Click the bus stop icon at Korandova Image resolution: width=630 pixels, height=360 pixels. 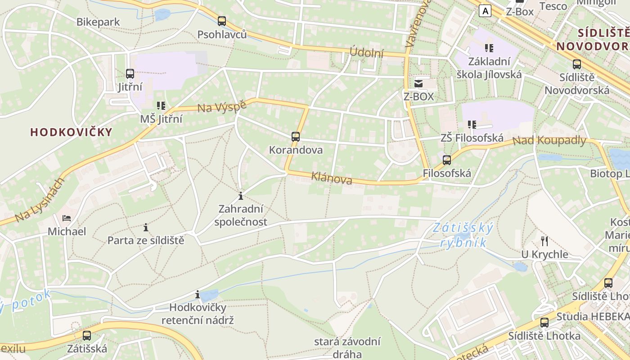(x=296, y=136)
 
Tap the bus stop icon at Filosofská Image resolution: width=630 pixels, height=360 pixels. (x=447, y=160)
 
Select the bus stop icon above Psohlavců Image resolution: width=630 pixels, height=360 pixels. (x=222, y=21)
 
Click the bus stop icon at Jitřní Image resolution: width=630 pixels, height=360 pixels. (x=130, y=73)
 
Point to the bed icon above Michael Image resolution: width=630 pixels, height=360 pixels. (x=67, y=218)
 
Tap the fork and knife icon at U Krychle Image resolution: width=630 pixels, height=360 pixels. (x=544, y=241)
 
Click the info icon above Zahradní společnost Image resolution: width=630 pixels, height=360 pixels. (x=241, y=196)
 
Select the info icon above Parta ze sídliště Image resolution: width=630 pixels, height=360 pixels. (x=146, y=227)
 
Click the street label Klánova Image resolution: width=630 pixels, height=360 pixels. (x=332, y=178)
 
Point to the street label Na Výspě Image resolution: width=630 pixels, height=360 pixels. (x=222, y=106)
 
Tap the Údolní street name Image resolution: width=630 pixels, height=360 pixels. (x=367, y=53)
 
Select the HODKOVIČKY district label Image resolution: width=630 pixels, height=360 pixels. (x=71, y=132)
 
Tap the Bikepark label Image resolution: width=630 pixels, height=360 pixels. (x=98, y=22)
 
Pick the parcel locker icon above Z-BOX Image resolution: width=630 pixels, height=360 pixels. (x=418, y=83)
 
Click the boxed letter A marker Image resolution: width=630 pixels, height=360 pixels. (x=485, y=10)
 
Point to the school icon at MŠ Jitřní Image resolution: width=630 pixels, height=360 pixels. (x=161, y=106)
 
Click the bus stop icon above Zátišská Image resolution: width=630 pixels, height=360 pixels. (x=87, y=335)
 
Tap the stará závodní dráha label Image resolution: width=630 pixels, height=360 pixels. (x=347, y=347)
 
